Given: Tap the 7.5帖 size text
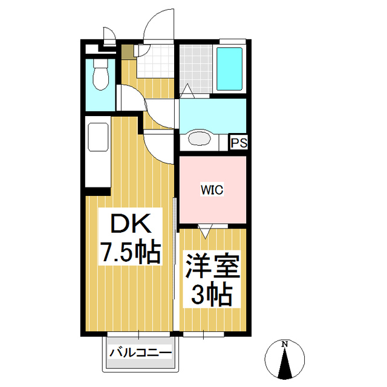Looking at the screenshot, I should click(130, 252).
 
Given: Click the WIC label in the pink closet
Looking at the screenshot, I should click(212, 190).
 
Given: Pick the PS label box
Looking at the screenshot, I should click(238, 143).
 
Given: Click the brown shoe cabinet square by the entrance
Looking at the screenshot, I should click(127, 52).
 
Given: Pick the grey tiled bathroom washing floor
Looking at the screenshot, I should click(196, 68).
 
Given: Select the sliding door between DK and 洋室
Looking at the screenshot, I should click(175, 266).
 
